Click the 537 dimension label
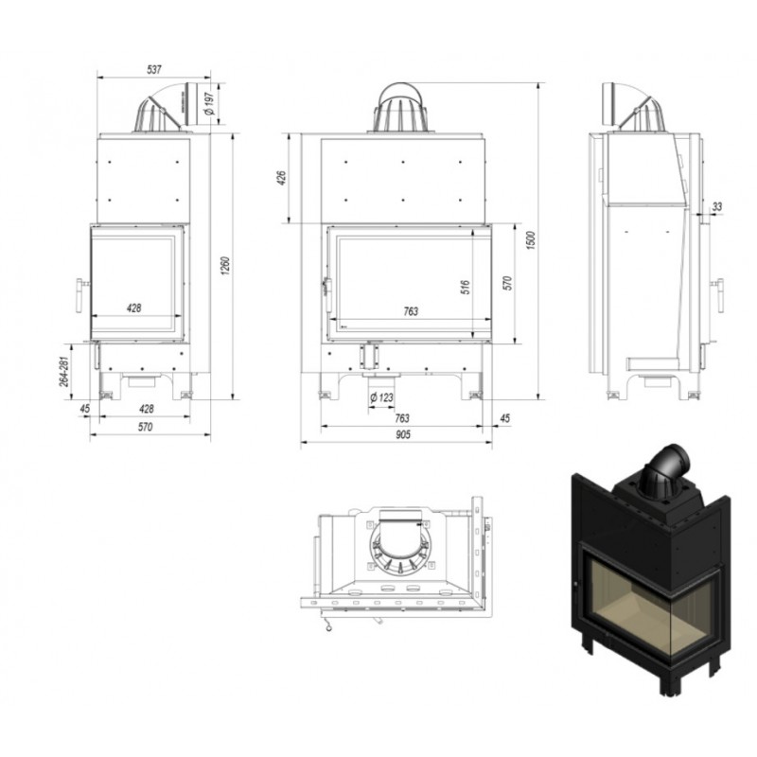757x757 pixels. coord(153,69)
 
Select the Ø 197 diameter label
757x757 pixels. coord(210,103)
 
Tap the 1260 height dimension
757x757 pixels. coord(225,266)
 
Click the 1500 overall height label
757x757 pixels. coord(531,240)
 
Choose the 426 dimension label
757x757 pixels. coord(282,178)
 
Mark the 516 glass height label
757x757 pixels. coord(466,288)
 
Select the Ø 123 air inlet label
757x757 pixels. coord(381,397)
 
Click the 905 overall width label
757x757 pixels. coord(403,434)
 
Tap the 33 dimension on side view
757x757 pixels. coord(717,206)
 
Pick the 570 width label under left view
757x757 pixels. coord(145,427)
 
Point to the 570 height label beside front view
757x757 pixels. coord(507,283)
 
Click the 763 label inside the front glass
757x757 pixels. coord(411,311)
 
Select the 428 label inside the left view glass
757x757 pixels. coord(133,308)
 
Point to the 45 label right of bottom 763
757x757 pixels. coord(505,418)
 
